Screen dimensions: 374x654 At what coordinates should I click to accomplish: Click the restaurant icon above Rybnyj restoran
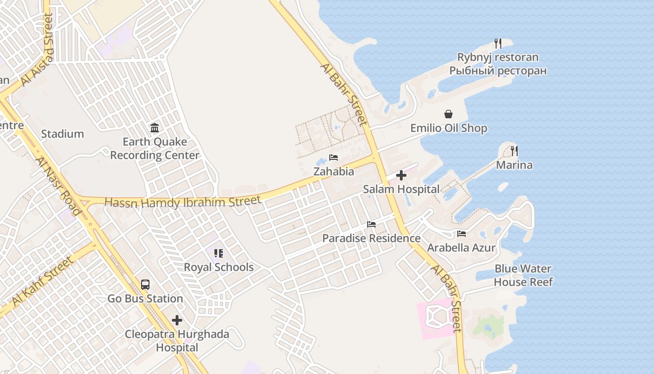[x=498, y=43]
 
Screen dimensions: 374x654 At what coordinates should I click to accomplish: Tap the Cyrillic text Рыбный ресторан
[x=498, y=71]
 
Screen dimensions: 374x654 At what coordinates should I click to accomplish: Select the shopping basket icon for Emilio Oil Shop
[x=448, y=114]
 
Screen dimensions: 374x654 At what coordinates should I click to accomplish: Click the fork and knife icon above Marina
[x=514, y=151]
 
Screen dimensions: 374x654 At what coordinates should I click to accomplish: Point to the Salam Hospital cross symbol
[x=401, y=175]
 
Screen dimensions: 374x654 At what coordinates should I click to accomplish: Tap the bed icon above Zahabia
[x=334, y=158]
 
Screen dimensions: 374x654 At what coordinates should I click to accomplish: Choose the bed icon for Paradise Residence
[x=371, y=224]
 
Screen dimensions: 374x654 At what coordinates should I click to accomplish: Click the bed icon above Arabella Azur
[x=462, y=234]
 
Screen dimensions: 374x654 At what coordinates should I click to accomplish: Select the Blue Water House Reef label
[x=523, y=275]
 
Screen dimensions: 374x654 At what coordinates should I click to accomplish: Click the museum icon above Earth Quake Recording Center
[x=155, y=128]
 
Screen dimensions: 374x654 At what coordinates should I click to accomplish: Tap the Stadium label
[x=63, y=134]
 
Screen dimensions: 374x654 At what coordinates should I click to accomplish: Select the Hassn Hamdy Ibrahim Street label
[x=183, y=202]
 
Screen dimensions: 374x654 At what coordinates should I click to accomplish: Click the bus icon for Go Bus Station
[x=145, y=284]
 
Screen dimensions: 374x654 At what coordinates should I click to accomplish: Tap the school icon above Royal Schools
[x=219, y=253]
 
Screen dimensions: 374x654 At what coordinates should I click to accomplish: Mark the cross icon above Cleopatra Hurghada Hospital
[x=177, y=320]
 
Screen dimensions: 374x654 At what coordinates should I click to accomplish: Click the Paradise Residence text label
[x=371, y=238]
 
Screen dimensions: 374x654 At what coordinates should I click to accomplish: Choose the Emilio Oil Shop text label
[x=448, y=128]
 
